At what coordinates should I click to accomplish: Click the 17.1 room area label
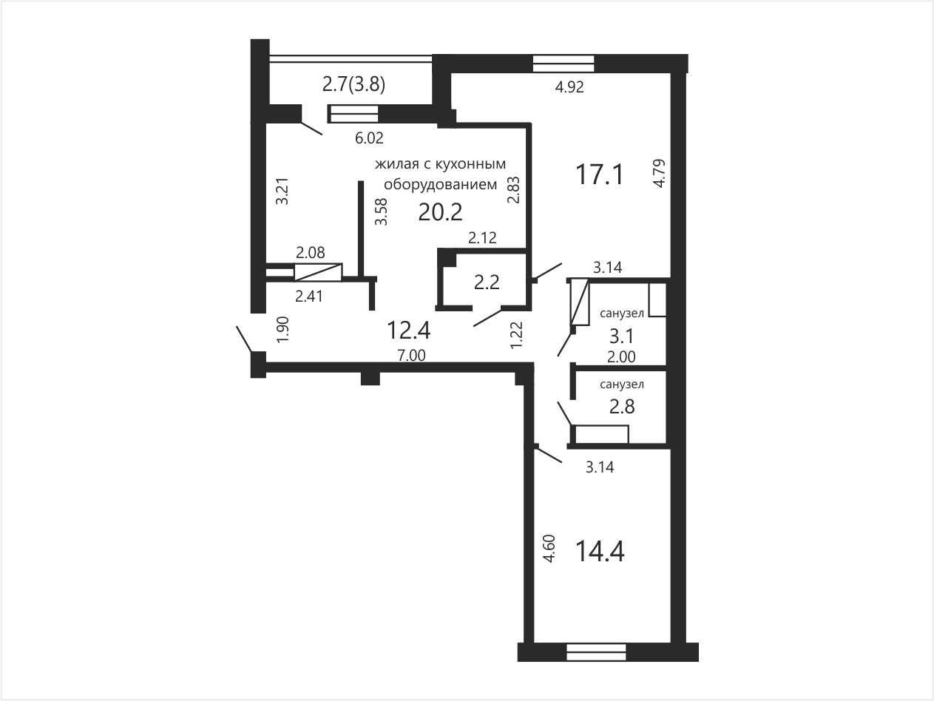tap(599, 175)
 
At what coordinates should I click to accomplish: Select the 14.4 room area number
tap(600, 551)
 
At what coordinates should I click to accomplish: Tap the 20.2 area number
tap(440, 211)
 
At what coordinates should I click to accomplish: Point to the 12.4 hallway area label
tap(408, 331)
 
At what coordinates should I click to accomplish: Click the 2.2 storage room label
tap(487, 282)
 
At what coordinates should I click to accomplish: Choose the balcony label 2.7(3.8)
tap(353, 84)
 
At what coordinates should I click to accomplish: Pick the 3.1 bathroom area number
tap(621, 336)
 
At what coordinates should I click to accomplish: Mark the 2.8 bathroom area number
tap(622, 407)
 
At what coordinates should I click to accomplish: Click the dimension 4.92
tap(569, 87)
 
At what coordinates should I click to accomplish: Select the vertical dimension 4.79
tap(659, 173)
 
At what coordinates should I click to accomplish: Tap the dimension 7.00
tap(411, 355)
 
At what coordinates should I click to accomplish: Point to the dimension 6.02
tap(369, 138)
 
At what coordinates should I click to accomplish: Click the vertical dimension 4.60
tap(549, 548)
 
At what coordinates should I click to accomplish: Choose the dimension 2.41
tap(309, 296)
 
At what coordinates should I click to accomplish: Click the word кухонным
tap(476, 163)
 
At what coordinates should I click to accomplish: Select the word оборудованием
tap(441, 185)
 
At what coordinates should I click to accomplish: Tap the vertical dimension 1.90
tap(282, 329)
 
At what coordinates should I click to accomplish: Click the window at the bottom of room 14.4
tap(597, 651)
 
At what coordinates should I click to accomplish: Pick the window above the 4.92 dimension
tap(564, 64)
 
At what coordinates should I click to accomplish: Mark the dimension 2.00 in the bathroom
tap(621, 357)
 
